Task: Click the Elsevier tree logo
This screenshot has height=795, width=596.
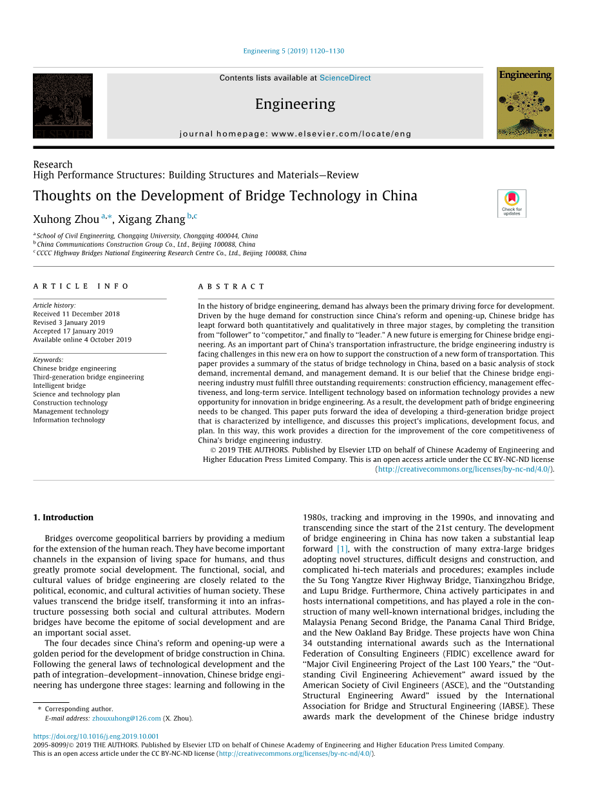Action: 62,106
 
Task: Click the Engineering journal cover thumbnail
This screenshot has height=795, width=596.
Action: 525,103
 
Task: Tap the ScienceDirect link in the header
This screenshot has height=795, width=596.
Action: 345,78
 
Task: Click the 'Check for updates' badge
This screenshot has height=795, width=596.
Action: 512,203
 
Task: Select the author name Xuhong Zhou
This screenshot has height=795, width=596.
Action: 66,219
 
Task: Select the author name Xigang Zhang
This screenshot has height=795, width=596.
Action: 151,219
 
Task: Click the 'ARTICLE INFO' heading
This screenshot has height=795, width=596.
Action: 81,286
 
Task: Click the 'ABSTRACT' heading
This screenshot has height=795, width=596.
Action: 231,286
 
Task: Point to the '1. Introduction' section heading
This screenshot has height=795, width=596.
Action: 63,517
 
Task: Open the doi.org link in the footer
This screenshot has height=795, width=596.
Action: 96,736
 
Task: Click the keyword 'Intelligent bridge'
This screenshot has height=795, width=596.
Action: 59,386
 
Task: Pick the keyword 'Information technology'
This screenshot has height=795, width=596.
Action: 69,420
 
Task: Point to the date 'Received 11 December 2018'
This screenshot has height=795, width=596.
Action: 76,314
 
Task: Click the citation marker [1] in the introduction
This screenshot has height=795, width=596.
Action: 342,549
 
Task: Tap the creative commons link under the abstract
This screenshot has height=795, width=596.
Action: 463,469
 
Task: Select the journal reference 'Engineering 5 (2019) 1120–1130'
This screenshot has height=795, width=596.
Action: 293,51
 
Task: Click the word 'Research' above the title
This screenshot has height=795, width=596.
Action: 53,164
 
